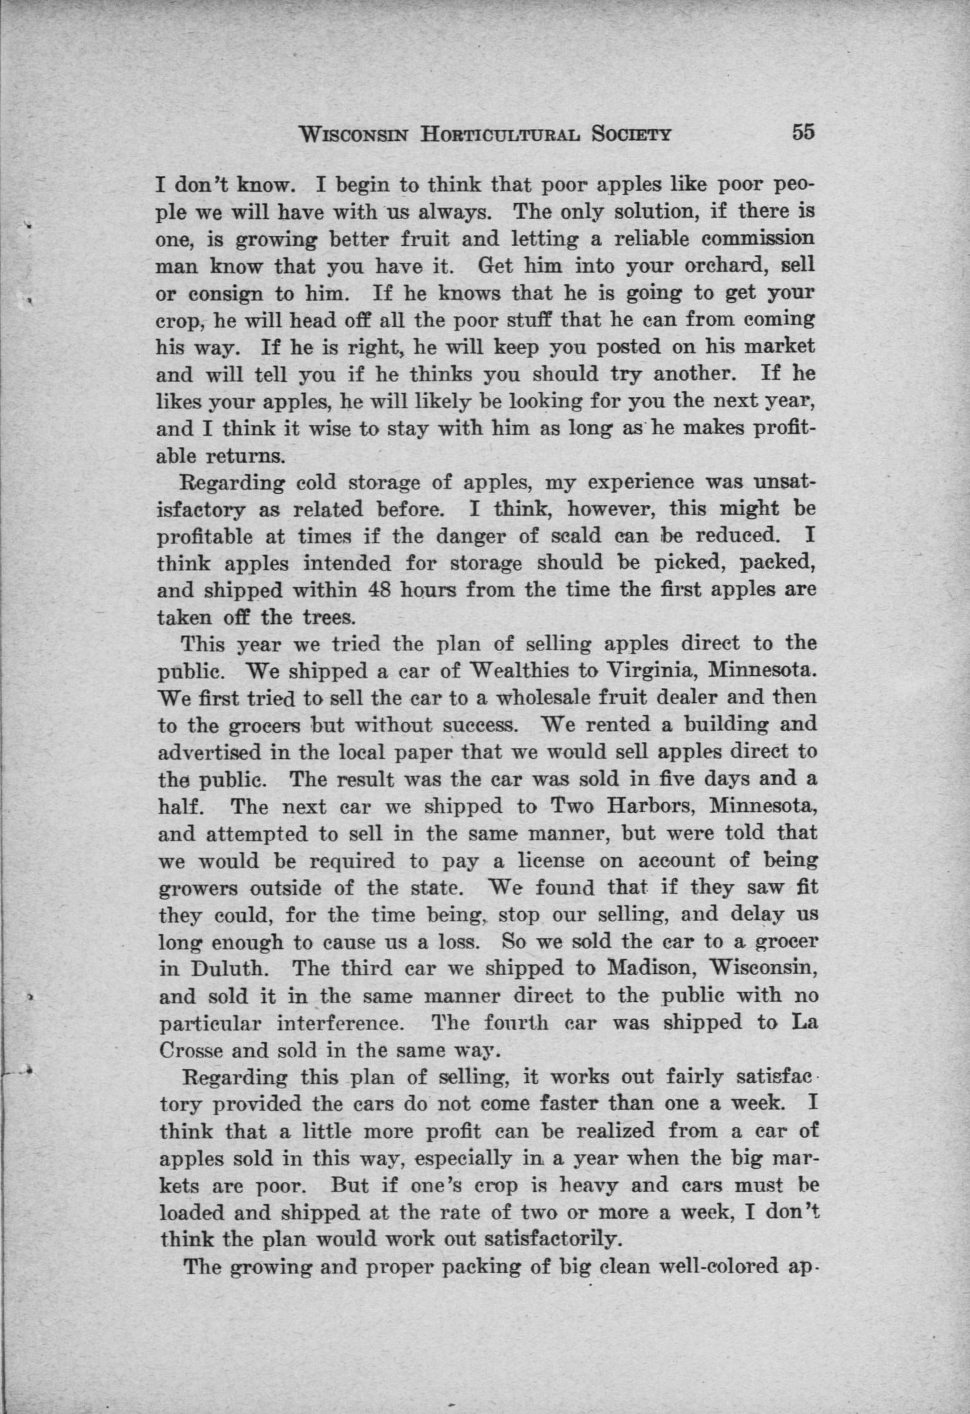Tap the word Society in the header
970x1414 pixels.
[x=631, y=134]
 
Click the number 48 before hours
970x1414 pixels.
[x=380, y=590]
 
